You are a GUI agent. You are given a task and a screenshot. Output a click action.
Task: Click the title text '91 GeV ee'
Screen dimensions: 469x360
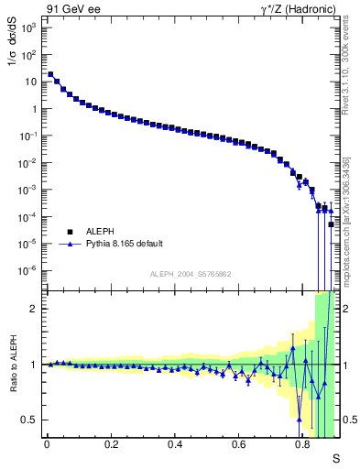click(x=69, y=8)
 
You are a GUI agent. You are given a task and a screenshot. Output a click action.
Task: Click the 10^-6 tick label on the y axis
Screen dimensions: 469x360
click(x=28, y=271)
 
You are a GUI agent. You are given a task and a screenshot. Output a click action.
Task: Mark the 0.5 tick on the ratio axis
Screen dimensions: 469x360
click(x=30, y=420)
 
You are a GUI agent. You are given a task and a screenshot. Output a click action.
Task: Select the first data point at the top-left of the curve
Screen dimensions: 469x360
click(x=50, y=74)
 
